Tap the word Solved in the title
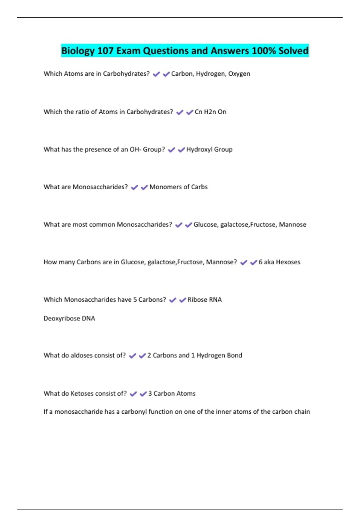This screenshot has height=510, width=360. coord(293,51)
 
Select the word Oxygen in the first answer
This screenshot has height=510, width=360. coord(239,74)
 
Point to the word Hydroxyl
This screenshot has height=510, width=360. coord(199,149)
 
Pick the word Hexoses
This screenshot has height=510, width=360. coord(288,262)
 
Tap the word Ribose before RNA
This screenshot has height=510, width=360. coord(197,299)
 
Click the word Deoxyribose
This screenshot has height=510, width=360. coord(62,318)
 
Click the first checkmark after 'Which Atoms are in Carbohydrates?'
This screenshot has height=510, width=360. coord(156,74)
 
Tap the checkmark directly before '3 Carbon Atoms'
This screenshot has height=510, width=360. coord(143,394)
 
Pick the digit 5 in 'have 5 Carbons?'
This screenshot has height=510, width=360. coord(135,299)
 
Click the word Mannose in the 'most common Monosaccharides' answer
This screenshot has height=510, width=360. coord(292,224)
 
